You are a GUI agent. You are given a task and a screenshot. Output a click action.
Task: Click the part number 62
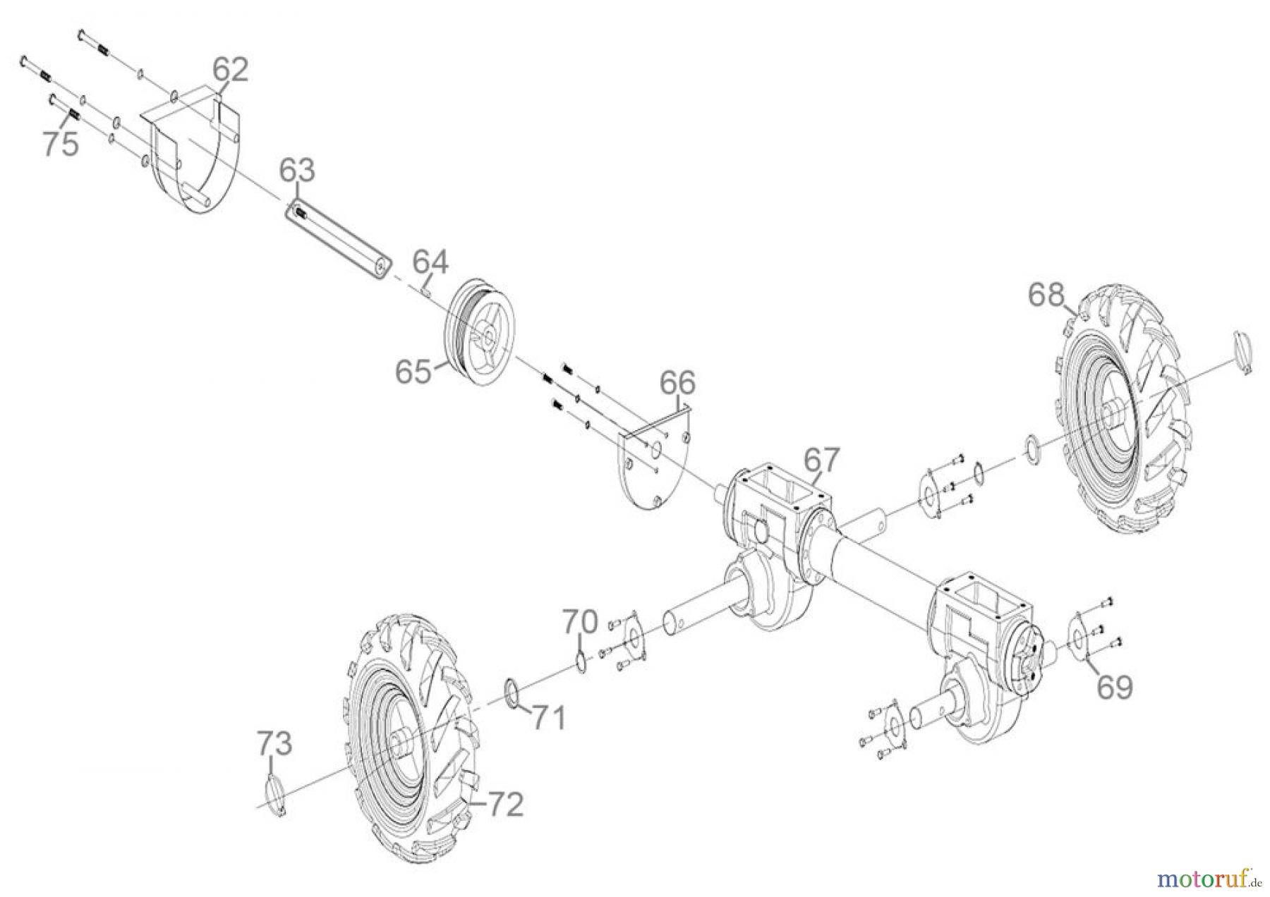231,71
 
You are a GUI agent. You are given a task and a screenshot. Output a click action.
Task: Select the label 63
297,171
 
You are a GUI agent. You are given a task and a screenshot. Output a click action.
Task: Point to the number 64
430,262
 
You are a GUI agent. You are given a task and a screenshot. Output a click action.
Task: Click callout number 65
413,371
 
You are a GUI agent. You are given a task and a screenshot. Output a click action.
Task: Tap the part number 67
822,460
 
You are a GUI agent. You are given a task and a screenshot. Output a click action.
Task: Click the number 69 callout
1115,686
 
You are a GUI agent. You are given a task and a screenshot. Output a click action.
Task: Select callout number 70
580,621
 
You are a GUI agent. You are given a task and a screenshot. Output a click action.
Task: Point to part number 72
505,805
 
